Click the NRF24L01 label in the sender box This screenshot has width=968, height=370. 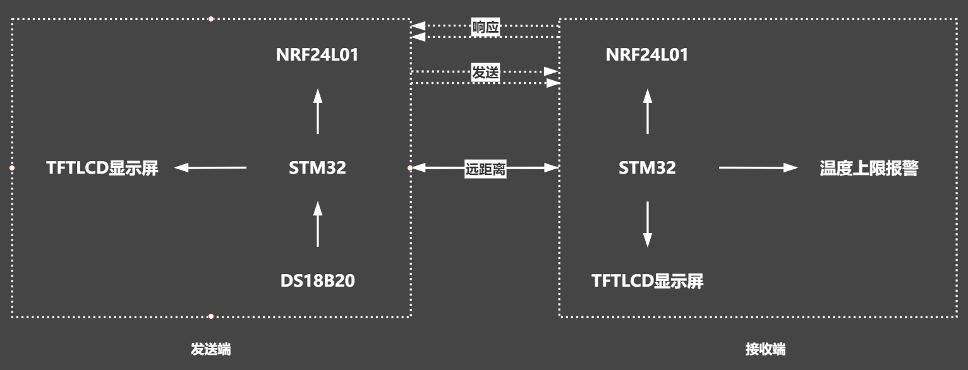tap(317, 55)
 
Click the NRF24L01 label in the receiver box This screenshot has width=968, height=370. tap(647, 55)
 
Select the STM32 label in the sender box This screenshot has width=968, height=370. tap(317, 168)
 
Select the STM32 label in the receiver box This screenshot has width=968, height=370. tap(647, 168)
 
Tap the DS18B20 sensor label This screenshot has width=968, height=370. tap(317, 280)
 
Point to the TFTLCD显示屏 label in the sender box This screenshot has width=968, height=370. tap(102, 168)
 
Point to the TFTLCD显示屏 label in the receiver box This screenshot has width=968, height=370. tap(647, 280)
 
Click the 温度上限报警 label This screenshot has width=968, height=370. tap(868, 168)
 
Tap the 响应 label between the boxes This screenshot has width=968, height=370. tap(486, 28)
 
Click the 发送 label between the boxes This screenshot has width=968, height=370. tap(485, 73)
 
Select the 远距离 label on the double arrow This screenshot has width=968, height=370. tap(485, 169)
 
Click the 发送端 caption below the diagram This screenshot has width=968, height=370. tap(210, 349)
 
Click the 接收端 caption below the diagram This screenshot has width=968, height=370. tap(766, 349)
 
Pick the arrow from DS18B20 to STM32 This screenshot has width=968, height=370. tap(318, 224)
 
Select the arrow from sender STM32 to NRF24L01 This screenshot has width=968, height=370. tap(318, 111)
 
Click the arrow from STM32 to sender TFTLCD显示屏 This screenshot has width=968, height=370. tap(210, 167)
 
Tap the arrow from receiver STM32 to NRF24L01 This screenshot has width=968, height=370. tap(647, 111)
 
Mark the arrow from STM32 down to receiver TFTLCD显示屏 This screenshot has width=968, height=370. tap(647, 224)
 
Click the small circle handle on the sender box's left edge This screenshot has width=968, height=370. tap(11, 168)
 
